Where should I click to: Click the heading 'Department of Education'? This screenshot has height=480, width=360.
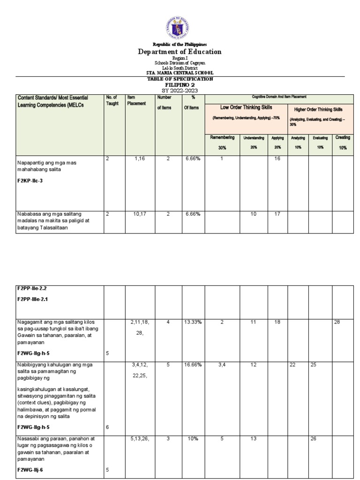180,52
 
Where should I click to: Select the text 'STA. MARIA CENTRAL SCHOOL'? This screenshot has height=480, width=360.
180,73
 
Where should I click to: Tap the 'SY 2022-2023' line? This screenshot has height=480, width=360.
180,90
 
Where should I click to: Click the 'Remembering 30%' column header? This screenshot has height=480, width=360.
222,142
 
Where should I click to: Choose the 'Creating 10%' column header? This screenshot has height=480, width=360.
342,142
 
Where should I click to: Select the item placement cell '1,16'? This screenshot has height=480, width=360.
139,160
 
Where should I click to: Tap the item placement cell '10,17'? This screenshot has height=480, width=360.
139,214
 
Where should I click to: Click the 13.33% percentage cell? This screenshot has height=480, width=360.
193,323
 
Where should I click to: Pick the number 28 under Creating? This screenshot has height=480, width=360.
337,323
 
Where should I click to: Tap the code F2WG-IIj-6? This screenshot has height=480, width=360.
32,470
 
